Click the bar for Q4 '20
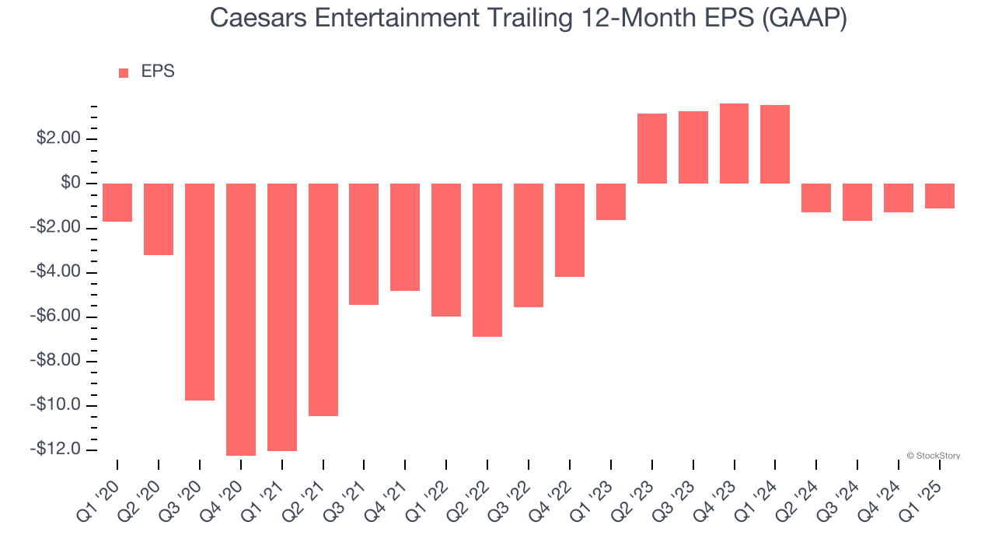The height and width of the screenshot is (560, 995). pos(241,319)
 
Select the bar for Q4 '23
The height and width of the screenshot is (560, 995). pos(734,144)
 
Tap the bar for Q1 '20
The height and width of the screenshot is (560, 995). pos(117,203)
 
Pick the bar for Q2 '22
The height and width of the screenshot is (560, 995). pos(487,260)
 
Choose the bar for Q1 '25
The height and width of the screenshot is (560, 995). pos(940,196)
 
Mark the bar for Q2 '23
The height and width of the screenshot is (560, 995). pos(651,149)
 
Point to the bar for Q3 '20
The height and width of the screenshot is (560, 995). pos(200,292)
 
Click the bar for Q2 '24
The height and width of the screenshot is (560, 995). pos(816,198)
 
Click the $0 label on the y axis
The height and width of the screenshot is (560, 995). pos(71,184)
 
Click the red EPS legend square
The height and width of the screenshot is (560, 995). pos(124,73)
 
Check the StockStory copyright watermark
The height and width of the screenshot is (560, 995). pos(933,456)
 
